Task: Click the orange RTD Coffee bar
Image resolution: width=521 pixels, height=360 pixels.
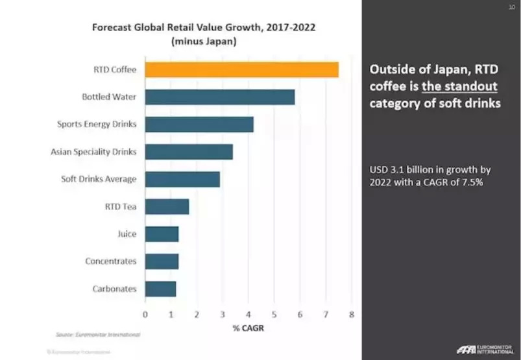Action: pos(241,69)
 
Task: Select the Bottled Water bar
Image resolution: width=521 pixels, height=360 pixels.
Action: pos(219,97)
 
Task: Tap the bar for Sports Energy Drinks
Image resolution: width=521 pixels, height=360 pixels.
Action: pos(199,125)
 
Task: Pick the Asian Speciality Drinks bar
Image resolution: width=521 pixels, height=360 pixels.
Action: pos(188,152)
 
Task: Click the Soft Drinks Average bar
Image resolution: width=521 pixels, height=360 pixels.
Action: pos(182,179)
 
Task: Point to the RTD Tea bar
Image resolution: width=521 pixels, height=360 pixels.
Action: pos(167,207)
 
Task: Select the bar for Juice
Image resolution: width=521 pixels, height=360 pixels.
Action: pos(162,234)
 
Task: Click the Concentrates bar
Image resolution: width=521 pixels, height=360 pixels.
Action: pos(162,261)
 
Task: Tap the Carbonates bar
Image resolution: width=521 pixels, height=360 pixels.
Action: pos(160,289)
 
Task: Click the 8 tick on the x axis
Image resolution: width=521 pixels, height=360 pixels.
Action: pos(351,315)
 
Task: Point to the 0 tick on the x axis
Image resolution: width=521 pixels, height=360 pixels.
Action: pos(145,315)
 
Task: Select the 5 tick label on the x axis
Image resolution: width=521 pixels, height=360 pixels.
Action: pos(274,315)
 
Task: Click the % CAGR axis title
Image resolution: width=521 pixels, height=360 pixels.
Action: pos(248,328)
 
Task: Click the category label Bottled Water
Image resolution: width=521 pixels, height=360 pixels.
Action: pos(109,97)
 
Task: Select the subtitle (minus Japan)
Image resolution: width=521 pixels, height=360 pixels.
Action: pos(204,42)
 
